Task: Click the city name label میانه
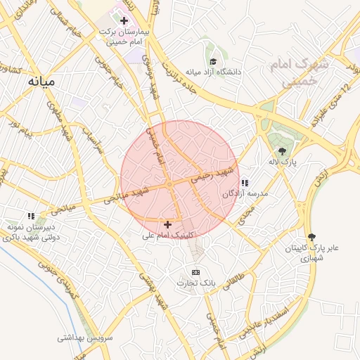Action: [x=40, y=82]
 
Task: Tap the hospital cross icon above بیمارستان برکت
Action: [x=124, y=20]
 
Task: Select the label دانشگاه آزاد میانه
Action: [x=212, y=72]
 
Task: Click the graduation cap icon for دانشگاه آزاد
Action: [x=212, y=62]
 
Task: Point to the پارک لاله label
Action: [x=283, y=162]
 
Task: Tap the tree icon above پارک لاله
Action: [x=282, y=151]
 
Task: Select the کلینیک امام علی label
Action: [x=167, y=235]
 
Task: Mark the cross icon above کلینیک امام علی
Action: [x=167, y=224]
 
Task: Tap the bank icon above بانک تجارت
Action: [x=195, y=272]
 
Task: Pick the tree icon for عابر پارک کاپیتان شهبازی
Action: [x=311, y=238]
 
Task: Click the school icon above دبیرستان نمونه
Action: [x=30, y=216]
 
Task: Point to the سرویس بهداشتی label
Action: [x=86, y=337]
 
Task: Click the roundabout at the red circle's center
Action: [x=169, y=184]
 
